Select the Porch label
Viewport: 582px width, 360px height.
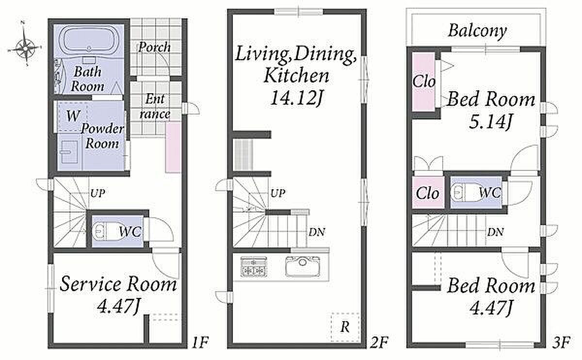tap(155, 47)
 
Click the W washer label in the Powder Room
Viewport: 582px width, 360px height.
tap(73, 115)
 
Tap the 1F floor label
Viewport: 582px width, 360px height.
tap(200, 343)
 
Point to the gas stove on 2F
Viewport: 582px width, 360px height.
tap(254, 267)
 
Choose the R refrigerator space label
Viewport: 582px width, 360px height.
tap(345, 327)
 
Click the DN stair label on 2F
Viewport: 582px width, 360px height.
tap(317, 232)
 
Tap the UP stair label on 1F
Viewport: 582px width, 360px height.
tap(97, 193)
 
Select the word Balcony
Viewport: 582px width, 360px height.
tap(477, 32)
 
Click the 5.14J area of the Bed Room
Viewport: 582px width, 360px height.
tap(490, 122)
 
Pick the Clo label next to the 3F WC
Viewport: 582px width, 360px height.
tap(427, 194)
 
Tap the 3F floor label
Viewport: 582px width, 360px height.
tap(561, 343)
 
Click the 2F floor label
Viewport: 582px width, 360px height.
tap(379, 343)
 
